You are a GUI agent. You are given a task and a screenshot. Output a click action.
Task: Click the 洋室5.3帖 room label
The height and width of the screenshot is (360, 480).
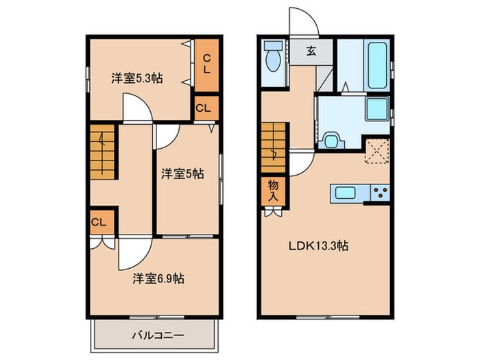pos(137,78)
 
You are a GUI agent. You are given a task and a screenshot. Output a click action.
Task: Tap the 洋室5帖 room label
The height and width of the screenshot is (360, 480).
pos(182,174)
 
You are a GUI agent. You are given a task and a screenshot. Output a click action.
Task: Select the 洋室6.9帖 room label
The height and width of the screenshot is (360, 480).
pos(158,278)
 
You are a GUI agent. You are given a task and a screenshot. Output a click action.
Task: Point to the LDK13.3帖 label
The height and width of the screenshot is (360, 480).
pos(318,245)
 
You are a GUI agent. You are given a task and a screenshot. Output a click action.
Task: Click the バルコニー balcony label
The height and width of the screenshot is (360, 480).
pos(158,335)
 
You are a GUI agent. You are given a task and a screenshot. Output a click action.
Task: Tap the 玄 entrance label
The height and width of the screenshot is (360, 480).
pos(311,51)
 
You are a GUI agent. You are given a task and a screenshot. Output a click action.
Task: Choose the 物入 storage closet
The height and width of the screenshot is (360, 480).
pos(274,191)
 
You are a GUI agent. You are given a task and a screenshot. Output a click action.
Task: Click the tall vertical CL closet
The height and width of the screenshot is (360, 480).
pos(207,65)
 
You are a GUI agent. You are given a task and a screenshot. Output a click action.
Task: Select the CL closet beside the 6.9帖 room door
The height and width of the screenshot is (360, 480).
pos(102,222)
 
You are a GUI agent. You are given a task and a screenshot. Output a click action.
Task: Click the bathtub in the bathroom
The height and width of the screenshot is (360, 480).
pos(377,65)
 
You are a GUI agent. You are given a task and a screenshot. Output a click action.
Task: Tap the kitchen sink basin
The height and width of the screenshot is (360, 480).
pos(346,193)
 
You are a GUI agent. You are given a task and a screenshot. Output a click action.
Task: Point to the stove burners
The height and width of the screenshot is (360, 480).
pos(380,193)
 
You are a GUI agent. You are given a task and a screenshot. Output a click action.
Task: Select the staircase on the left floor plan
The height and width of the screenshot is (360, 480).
pos(102,152)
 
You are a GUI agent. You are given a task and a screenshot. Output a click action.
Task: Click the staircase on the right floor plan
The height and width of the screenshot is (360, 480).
pos(274,147)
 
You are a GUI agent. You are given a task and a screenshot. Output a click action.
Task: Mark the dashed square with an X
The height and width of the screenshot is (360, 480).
pos(377,152)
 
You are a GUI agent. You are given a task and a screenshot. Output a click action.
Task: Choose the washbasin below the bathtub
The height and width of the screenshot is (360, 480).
pos(377,109)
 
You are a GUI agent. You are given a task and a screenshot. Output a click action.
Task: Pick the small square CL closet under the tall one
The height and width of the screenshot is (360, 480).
pos(207,108)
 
